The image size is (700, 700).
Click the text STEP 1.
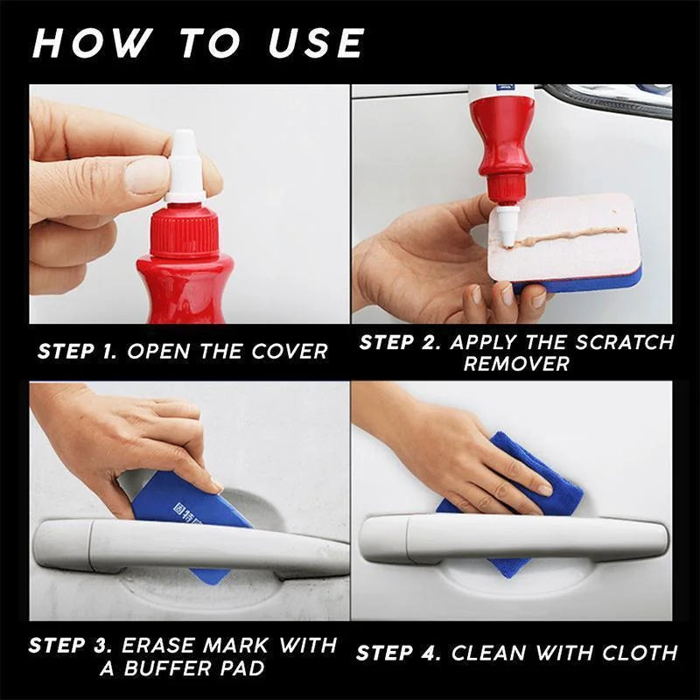[x=78, y=352]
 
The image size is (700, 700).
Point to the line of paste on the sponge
[x=569, y=234]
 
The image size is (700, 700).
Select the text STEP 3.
[x=68, y=647]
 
